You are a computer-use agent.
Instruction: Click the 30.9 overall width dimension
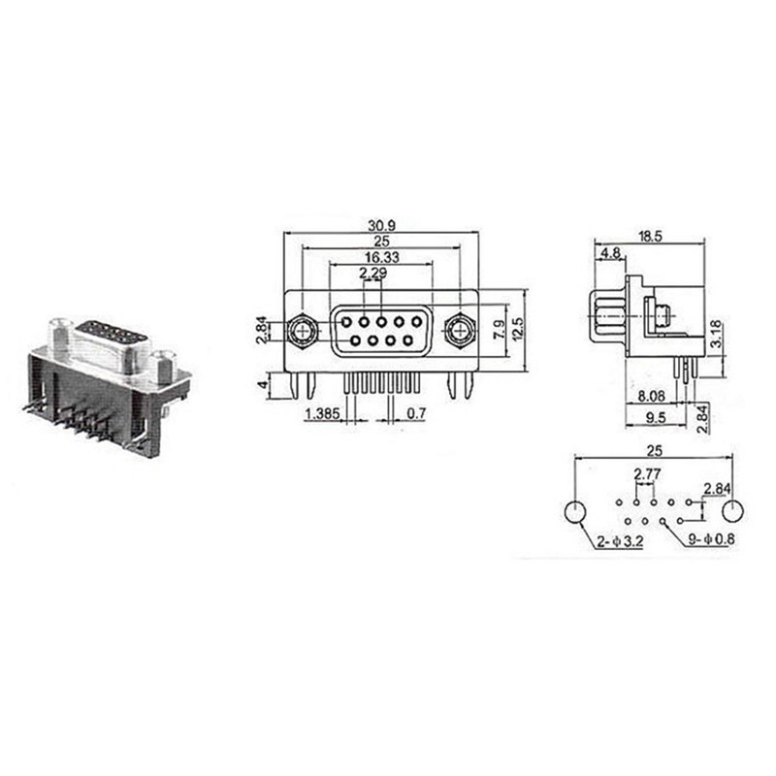tap(380, 224)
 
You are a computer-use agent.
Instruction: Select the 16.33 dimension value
tap(380, 258)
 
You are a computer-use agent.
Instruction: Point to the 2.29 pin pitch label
tap(369, 275)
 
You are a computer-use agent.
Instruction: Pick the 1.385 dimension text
tap(321, 414)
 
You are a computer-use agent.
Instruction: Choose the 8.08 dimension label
tap(652, 397)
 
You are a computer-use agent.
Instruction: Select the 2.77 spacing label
tap(647, 474)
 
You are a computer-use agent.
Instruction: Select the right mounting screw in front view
tap(458, 333)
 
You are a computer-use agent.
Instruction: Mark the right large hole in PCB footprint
tap(733, 511)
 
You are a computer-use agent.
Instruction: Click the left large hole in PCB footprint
tap(574, 511)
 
